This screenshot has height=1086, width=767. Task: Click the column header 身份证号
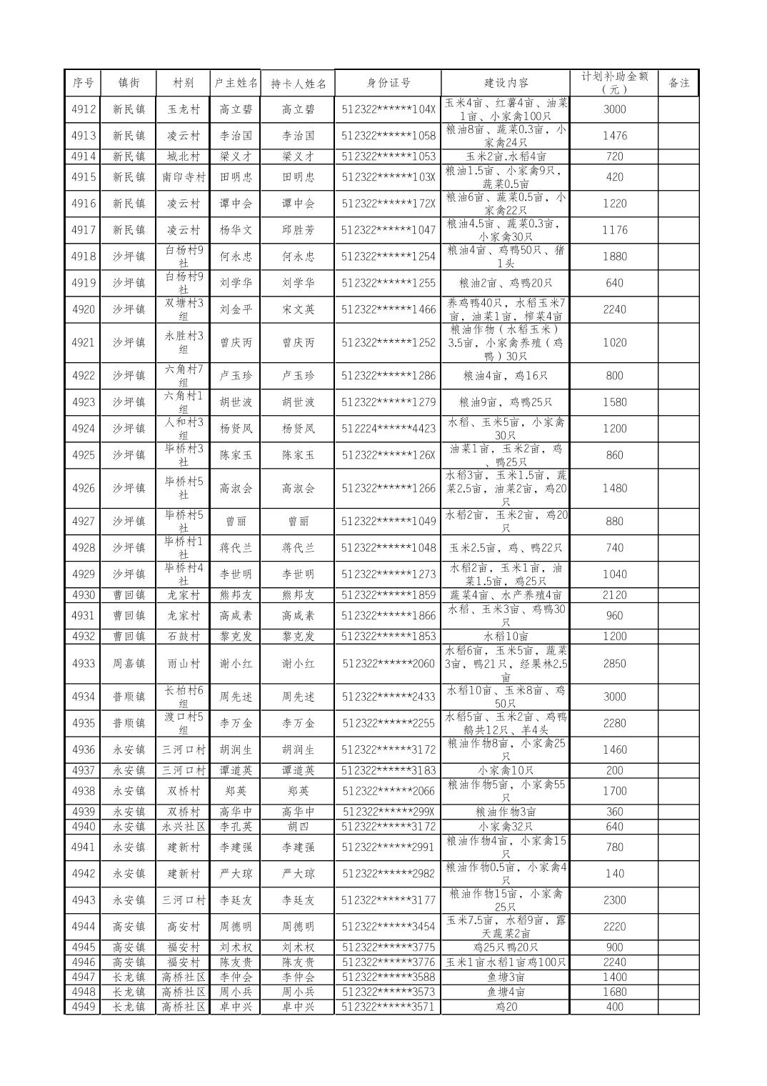pyautogui.click(x=388, y=82)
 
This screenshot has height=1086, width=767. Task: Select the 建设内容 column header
pyautogui.click(x=506, y=83)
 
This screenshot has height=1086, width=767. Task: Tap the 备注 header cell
pyautogui.click(x=678, y=82)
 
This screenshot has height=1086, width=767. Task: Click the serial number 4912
pyautogui.click(x=84, y=109)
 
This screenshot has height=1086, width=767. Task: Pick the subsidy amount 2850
pyautogui.click(x=614, y=664)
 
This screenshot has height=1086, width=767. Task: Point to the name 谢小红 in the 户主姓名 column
pyautogui.click(x=236, y=664)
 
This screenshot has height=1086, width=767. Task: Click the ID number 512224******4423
pyautogui.click(x=388, y=429)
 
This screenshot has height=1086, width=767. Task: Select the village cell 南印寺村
pyautogui.click(x=183, y=177)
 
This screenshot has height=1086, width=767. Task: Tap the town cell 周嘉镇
pyautogui.click(x=129, y=664)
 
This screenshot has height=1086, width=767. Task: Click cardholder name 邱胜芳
pyautogui.click(x=298, y=230)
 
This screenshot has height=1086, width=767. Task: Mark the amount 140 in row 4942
pyautogui.click(x=614, y=874)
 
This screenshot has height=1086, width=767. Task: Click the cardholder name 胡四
pyautogui.click(x=298, y=827)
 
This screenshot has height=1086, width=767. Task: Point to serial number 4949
pyautogui.click(x=84, y=1007)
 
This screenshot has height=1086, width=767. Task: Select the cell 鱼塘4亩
pyautogui.click(x=506, y=992)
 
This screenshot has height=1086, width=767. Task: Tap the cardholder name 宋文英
pyautogui.click(x=298, y=309)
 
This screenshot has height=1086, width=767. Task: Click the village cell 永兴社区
pyautogui.click(x=183, y=827)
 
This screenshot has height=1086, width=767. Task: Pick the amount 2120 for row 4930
pyautogui.click(x=614, y=595)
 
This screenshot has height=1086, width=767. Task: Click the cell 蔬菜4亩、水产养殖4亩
pyautogui.click(x=506, y=595)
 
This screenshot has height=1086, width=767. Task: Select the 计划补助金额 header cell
pyautogui.click(x=614, y=82)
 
